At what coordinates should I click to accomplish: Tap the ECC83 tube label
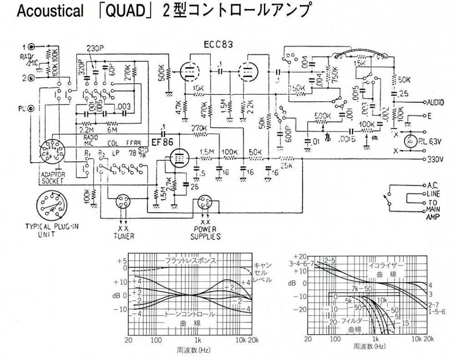tap(217, 45)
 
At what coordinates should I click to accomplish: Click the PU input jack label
tap(22, 108)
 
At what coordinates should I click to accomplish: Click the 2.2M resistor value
tap(87, 130)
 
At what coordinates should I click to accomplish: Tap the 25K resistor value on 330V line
tap(288, 167)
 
